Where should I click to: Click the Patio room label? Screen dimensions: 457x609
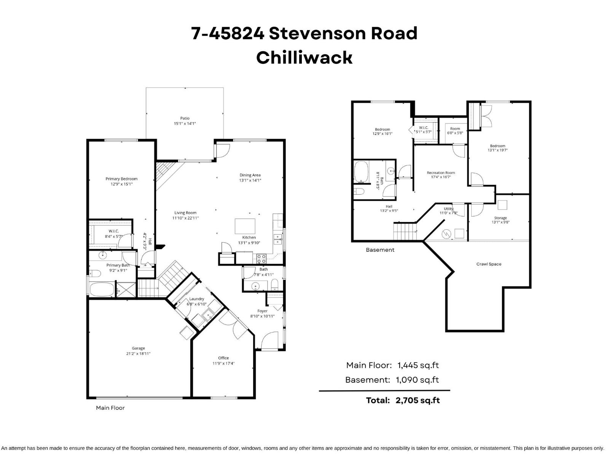185,118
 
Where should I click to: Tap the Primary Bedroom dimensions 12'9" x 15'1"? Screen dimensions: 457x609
121,184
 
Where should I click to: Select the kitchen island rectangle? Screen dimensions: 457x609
245,226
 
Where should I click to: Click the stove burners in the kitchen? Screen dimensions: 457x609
261,259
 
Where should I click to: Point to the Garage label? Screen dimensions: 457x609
138,348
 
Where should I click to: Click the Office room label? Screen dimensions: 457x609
223,358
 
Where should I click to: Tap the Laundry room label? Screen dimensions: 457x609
196,299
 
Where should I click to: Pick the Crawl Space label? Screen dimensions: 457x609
489,264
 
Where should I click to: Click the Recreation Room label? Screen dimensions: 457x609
441,173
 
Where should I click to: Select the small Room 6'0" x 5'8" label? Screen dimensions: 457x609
455,129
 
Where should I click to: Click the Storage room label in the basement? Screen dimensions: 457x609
500,218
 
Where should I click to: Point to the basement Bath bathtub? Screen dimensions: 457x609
361,172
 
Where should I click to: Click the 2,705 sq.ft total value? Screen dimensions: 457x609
418,400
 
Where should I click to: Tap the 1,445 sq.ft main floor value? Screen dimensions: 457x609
418,365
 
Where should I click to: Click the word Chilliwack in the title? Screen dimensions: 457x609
304,58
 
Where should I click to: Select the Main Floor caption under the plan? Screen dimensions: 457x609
110,408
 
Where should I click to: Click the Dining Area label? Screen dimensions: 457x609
250,175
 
